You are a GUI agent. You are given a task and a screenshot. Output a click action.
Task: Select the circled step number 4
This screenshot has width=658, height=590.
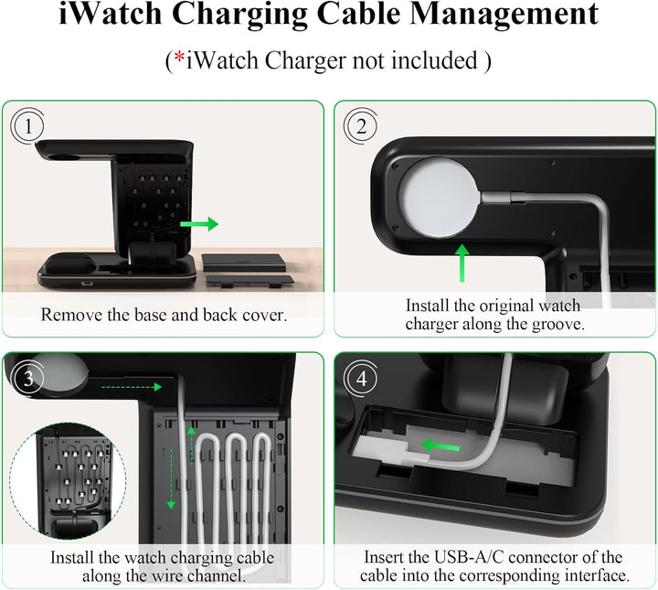tap(360, 378)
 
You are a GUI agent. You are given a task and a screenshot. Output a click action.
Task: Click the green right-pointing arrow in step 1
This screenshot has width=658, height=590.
tap(199, 224)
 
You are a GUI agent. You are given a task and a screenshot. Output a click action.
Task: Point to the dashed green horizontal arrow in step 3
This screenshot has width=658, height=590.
tap(127, 387)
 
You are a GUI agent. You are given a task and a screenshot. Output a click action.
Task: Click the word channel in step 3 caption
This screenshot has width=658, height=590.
tap(220, 575)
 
